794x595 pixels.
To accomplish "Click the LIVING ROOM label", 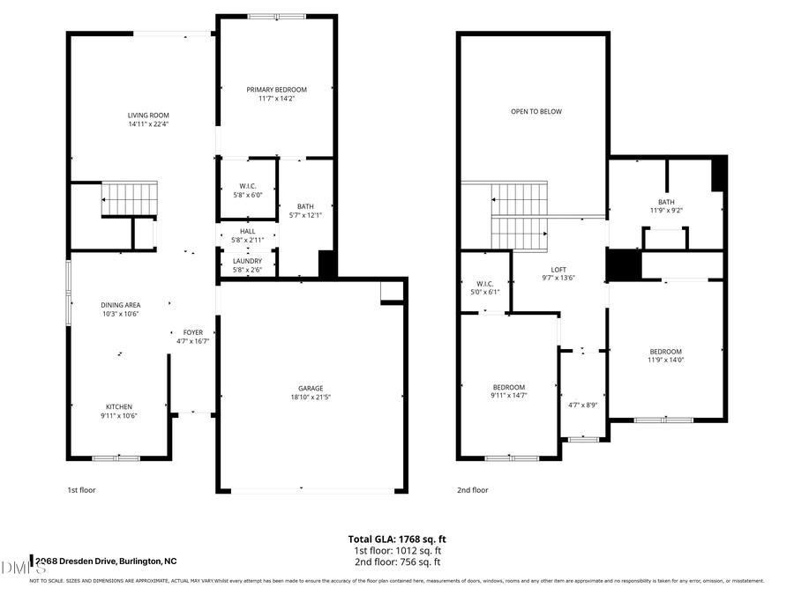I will pos(148,115).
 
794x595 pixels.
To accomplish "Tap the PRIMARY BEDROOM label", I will pos(276,90).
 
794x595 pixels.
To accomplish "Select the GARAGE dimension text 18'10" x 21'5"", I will pos(310,398).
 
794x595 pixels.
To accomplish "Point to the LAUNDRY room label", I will pos(247,261).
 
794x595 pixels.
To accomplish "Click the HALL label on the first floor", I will pos(247,231).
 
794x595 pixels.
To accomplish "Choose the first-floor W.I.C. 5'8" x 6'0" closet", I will pos(247,190).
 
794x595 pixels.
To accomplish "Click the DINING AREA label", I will pos(120,305).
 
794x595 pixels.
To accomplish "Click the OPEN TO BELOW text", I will pos(536,112).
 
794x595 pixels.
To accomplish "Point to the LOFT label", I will pos(558,270).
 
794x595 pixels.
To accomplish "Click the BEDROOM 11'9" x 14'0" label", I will pos(665,352).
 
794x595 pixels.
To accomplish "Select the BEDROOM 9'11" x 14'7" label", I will pos(508,387).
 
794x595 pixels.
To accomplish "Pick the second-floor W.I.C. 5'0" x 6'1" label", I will pos(482,284).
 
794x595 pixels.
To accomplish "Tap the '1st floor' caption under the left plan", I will pos(80,490).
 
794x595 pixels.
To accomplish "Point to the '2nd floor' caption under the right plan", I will pos(472,490).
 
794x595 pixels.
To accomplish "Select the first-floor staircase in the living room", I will pos(130,198).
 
